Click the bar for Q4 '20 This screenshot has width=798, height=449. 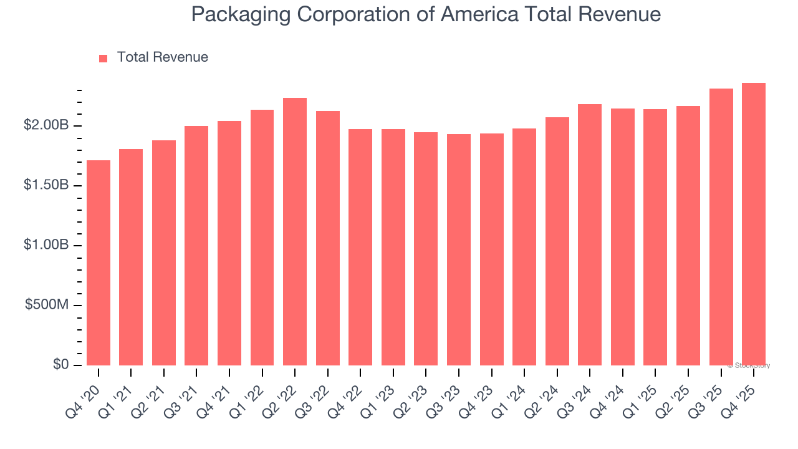click(99, 263)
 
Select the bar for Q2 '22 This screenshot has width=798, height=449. click(295, 231)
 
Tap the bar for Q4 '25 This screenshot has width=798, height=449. click(754, 224)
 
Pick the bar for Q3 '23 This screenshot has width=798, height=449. click(459, 249)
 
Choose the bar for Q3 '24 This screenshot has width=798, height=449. click(590, 234)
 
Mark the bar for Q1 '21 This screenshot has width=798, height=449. click(131, 257)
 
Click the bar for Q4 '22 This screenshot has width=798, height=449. click(360, 247)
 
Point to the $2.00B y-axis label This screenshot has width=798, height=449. click(46, 125)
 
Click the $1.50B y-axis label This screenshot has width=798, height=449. click(46, 185)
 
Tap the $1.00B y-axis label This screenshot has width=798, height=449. click(46, 245)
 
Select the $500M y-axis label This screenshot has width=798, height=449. click(47, 305)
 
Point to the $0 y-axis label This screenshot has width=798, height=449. click(61, 364)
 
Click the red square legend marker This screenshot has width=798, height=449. click(103, 58)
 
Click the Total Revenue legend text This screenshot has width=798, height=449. click(162, 57)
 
